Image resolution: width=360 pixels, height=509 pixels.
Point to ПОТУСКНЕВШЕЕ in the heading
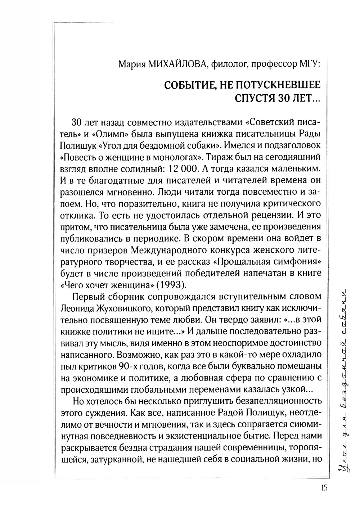(x=277, y=86)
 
